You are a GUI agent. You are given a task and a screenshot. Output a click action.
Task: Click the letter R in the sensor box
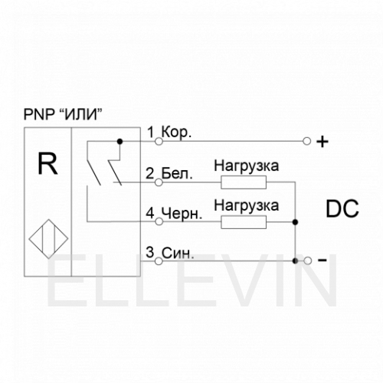pyautogui.click(x=47, y=163)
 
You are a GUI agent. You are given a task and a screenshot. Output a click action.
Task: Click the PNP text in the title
pyautogui.click(x=38, y=114)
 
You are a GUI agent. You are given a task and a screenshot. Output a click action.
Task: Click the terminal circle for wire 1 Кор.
pyautogui.click(x=159, y=141)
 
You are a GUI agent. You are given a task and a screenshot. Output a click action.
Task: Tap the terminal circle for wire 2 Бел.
pyautogui.click(x=159, y=182)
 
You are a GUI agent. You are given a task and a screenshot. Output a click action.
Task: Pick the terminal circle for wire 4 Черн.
pyautogui.click(x=159, y=221)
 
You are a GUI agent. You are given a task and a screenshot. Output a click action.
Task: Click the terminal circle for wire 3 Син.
pyautogui.click(x=159, y=261)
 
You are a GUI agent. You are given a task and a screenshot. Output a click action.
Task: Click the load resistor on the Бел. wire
pyautogui.click(x=244, y=182)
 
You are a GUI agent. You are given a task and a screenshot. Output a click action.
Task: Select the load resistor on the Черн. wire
pyautogui.click(x=244, y=222)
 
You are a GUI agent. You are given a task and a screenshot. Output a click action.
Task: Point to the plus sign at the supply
pyautogui.click(x=322, y=142)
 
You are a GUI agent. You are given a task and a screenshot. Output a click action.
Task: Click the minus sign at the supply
pyautogui.click(x=322, y=260)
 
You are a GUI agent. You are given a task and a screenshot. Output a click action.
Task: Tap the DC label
pyautogui.click(x=342, y=208)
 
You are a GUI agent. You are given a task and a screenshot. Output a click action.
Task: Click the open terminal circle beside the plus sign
pyautogui.click(x=307, y=141)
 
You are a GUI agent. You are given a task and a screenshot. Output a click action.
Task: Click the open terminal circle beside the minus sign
pyautogui.click(x=308, y=260)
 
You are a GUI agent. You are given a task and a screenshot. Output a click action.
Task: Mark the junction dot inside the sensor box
pyautogui.click(x=119, y=141)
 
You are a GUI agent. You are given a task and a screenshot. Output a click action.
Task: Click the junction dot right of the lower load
pyautogui.click(x=295, y=222)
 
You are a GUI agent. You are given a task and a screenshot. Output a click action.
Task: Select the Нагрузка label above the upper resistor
pyautogui.click(x=247, y=166)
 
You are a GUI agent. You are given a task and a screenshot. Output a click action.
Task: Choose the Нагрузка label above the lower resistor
pyautogui.click(x=247, y=205)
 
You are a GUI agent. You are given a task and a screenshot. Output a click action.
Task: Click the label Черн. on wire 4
pyautogui.click(x=182, y=214)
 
